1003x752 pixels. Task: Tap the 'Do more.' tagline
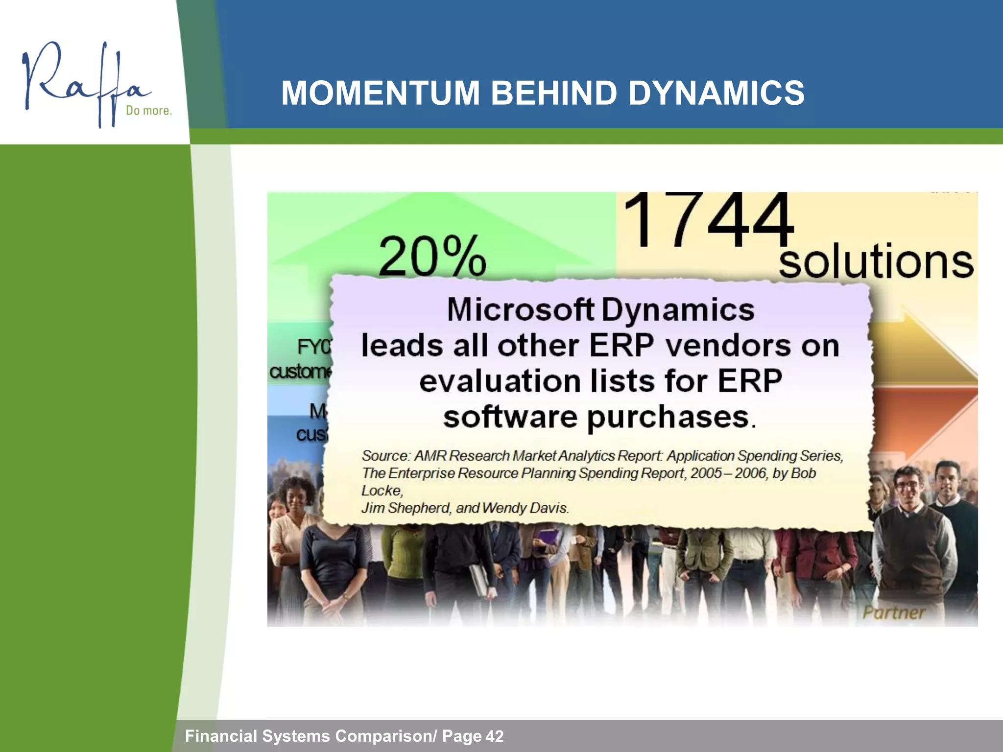click(148, 111)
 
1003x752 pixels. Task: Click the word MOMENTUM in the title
click(380, 93)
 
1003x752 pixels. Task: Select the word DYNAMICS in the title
click(716, 93)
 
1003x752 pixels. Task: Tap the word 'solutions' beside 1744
click(876, 262)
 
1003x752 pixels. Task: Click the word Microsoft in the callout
click(520, 310)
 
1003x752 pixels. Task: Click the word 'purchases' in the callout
click(668, 418)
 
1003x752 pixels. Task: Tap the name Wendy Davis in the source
click(525, 508)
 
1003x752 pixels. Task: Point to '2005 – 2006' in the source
click(729, 473)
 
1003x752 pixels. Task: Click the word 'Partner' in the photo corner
click(893, 612)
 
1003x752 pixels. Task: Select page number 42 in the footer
click(495, 736)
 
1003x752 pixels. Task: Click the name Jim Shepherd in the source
click(406, 508)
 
